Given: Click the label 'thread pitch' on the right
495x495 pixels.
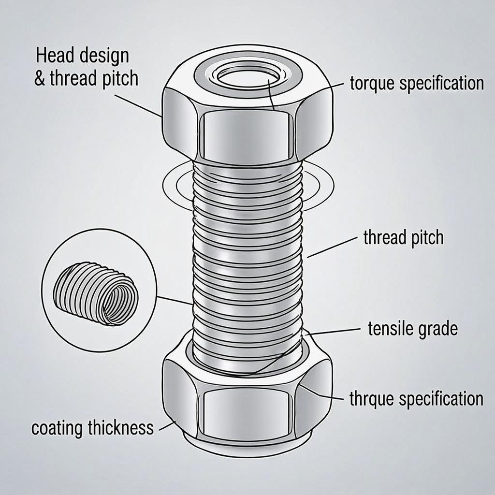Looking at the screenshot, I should point(403,238).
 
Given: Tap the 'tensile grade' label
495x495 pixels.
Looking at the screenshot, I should point(412,329).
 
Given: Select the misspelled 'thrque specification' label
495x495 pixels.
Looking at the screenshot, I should point(416,399).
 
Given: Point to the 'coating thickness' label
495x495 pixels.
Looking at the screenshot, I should point(92,428).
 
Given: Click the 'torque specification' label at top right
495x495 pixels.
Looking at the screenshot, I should point(417,83).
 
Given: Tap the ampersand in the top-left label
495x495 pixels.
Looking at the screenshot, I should point(40,79).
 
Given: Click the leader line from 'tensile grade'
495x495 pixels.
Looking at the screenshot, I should point(334,331).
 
